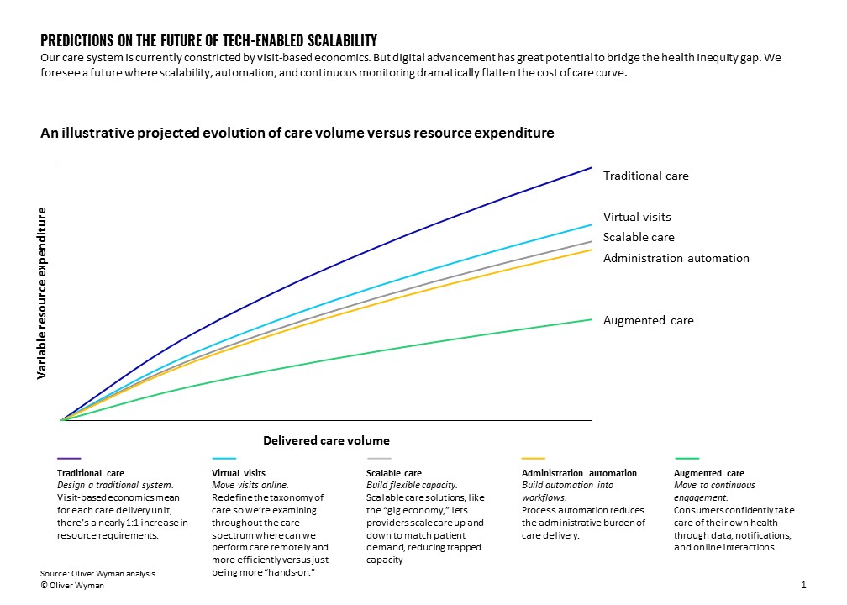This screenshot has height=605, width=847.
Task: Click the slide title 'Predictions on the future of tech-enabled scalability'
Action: (x=208, y=40)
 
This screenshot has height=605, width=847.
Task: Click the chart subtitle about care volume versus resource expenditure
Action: (x=297, y=133)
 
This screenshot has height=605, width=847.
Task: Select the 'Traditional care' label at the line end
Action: (x=645, y=176)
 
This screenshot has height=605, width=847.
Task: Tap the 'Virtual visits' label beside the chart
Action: (x=637, y=217)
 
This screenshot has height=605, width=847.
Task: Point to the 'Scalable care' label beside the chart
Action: (x=639, y=237)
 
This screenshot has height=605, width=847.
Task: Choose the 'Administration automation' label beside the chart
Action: (x=676, y=258)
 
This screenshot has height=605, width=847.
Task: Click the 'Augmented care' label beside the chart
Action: (x=648, y=320)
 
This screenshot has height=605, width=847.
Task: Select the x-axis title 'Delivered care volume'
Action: (x=326, y=440)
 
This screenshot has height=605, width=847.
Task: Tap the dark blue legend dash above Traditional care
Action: (x=68, y=459)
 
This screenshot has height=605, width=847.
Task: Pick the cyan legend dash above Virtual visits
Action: (x=223, y=459)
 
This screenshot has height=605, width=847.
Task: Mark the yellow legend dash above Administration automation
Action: (x=533, y=459)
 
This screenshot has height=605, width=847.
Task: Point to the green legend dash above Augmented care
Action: (x=687, y=459)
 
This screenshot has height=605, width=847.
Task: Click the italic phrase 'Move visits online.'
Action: (x=250, y=486)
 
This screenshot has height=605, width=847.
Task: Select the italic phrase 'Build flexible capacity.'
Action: (x=412, y=486)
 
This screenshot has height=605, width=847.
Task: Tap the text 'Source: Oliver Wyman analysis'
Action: (x=97, y=573)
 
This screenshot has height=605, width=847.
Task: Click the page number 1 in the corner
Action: (x=804, y=584)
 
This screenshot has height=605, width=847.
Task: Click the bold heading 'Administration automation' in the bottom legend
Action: (x=579, y=473)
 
